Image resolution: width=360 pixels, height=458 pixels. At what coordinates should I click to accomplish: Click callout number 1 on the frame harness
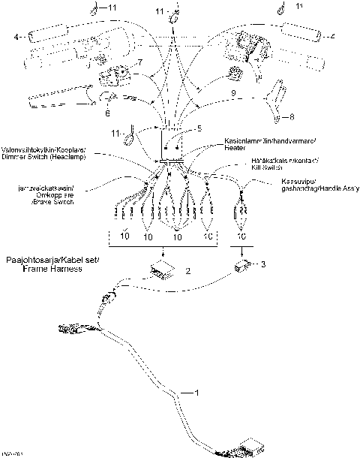(197, 393)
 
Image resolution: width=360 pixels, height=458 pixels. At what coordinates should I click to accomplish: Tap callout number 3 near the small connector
(263, 264)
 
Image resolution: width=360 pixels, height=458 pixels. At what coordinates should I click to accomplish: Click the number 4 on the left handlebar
(16, 35)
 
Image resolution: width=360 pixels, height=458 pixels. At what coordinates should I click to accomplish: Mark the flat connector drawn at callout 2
(160, 270)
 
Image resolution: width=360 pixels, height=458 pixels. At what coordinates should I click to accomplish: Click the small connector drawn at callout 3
(242, 266)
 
